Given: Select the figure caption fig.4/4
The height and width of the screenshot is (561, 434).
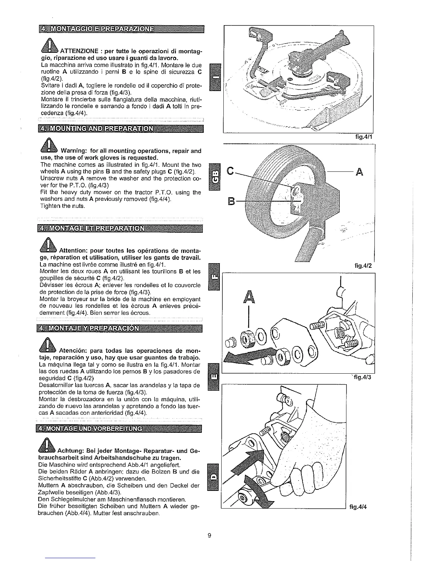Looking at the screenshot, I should (x=358, y=506).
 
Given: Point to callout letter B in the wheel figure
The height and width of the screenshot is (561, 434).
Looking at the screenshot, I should (x=230, y=203).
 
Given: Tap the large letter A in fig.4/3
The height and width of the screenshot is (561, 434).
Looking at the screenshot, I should (x=249, y=297).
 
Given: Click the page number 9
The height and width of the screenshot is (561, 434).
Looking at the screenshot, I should (x=209, y=535).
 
